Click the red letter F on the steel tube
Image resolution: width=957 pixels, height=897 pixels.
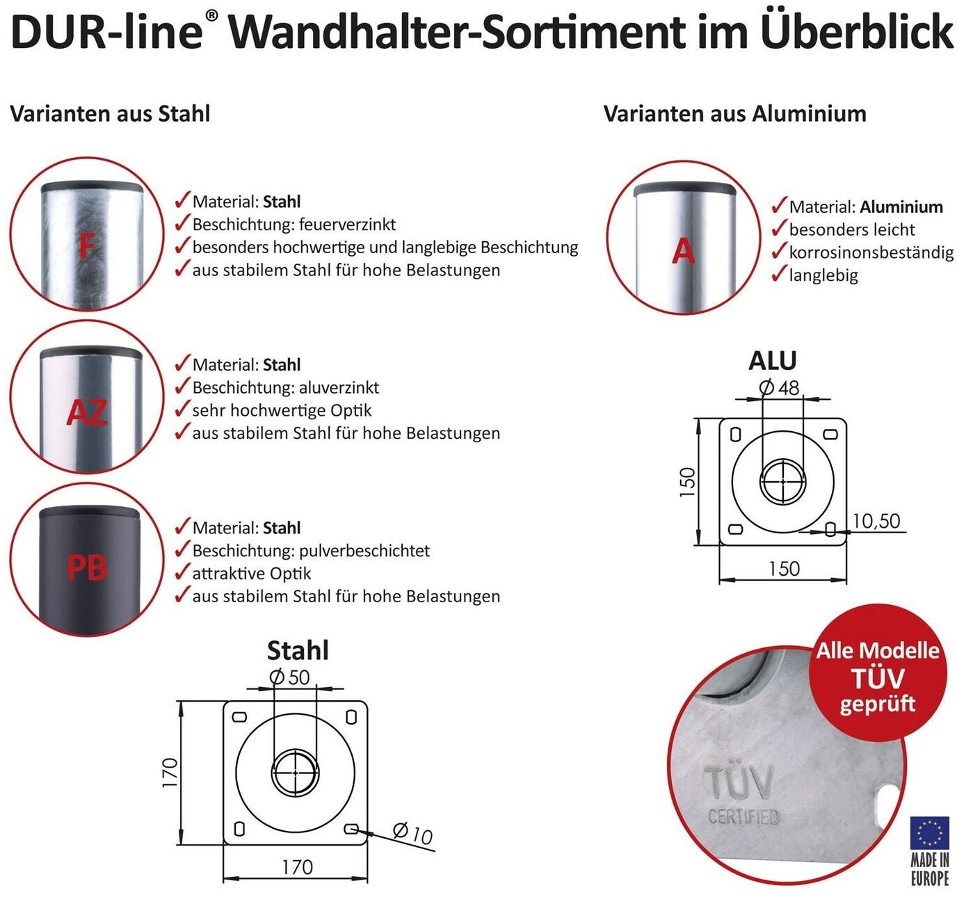(x=86, y=246)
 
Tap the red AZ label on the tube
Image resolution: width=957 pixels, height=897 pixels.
(x=87, y=412)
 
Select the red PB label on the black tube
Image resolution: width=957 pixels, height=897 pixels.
(x=87, y=567)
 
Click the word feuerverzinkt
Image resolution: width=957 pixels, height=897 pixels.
(x=348, y=225)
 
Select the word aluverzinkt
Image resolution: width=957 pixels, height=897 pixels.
(x=339, y=387)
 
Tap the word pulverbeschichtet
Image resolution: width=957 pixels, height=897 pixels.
(x=364, y=551)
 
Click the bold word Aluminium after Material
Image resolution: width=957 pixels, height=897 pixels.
(x=901, y=207)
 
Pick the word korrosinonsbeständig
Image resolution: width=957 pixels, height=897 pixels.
(x=871, y=252)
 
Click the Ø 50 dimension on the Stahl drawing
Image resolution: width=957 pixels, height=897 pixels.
(x=289, y=677)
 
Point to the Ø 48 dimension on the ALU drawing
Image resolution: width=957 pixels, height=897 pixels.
(x=779, y=388)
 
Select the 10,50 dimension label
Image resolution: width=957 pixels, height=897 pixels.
(x=876, y=521)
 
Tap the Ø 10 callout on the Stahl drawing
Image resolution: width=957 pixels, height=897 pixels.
(x=412, y=833)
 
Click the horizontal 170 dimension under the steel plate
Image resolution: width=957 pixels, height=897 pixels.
(x=297, y=868)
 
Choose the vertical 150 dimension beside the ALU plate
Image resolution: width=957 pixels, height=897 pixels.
(x=688, y=482)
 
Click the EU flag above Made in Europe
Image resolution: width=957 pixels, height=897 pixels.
(x=928, y=833)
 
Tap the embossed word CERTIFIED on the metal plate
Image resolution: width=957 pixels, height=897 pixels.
(x=743, y=816)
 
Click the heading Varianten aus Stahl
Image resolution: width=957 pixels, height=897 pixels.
(x=110, y=114)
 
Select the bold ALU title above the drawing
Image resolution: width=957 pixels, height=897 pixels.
(x=773, y=360)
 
